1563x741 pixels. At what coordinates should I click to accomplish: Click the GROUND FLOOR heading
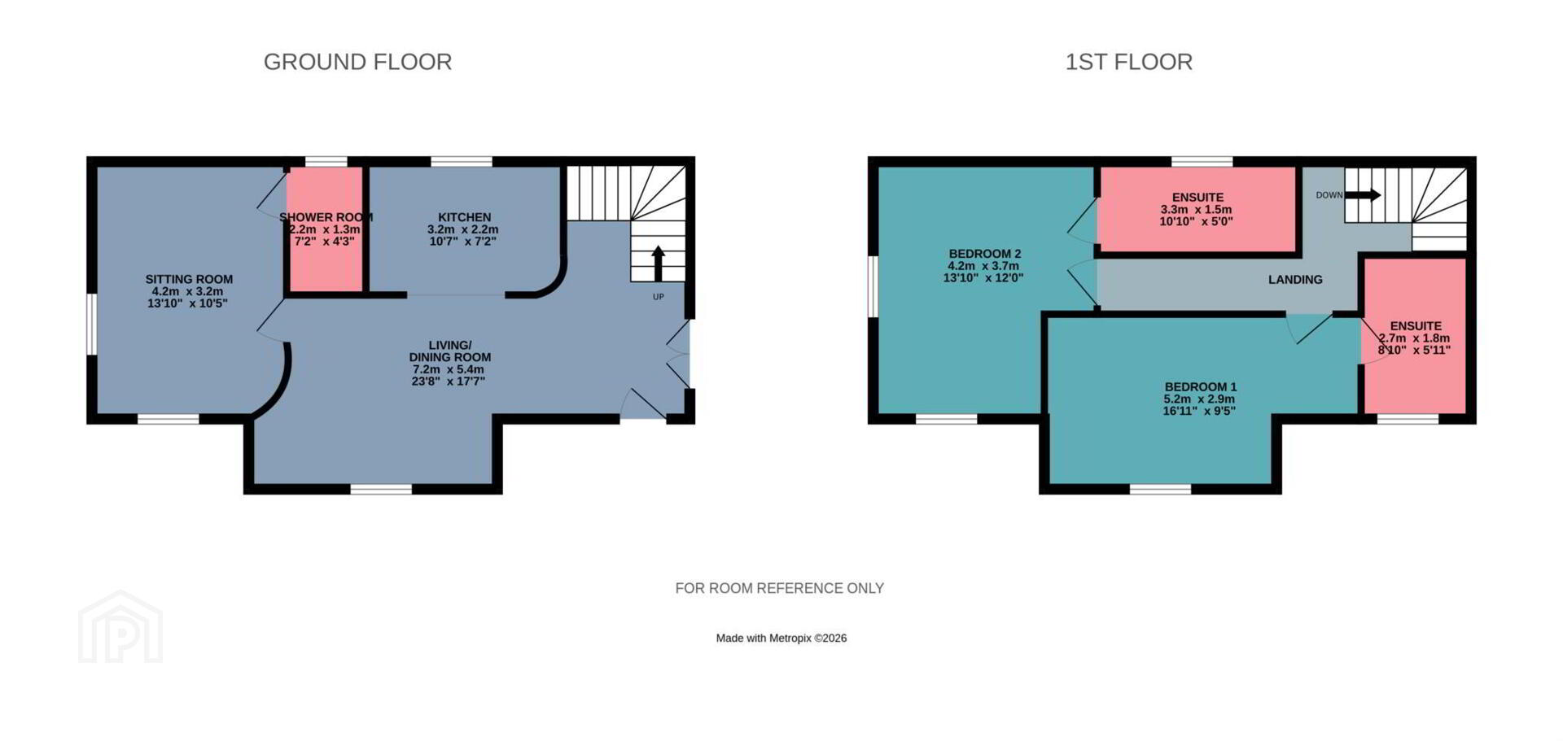click(x=357, y=62)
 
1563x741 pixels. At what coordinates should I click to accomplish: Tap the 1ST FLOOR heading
click(x=1128, y=62)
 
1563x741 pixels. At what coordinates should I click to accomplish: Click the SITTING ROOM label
click(x=189, y=279)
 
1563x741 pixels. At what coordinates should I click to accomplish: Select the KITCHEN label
click(x=464, y=217)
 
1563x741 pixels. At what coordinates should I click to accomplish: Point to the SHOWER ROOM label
click(x=326, y=217)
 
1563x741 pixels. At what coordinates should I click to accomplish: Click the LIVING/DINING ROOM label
click(x=449, y=351)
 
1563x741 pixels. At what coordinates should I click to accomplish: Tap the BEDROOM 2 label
click(x=984, y=254)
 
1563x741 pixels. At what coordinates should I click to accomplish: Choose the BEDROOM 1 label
click(x=1200, y=387)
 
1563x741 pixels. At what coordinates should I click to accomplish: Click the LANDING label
click(x=1295, y=280)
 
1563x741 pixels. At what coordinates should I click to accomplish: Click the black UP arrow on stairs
click(x=658, y=264)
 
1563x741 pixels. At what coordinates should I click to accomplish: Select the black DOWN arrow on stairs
click(x=1362, y=195)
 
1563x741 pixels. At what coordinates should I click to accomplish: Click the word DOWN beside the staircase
click(x=1329, y=195)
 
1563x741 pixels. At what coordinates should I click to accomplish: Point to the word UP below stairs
click(x=658, y=297)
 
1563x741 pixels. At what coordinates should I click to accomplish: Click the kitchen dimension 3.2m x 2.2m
click(x=463, y=229)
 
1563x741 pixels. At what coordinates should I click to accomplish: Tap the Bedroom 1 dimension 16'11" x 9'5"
click(x=1199, y=411)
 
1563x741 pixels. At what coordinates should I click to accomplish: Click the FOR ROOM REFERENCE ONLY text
click(x=779, y=588)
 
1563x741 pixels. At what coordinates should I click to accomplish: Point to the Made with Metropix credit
click(x=781, y=639)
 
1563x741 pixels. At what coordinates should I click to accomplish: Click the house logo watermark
click(x=120, y=626)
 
